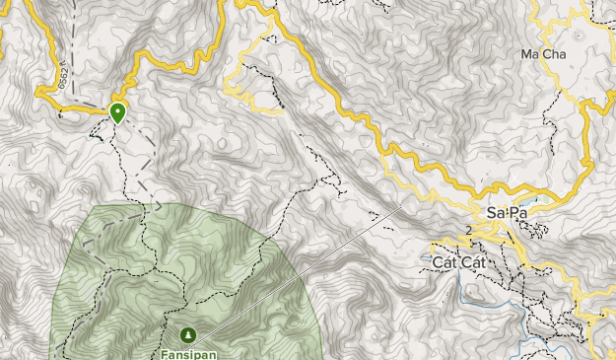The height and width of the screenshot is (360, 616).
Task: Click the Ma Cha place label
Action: pyautogui.click(x=543, y=54)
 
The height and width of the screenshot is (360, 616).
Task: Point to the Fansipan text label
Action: pyautogui.click(x=187, y=351)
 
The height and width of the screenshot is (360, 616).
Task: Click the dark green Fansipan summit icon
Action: pyautogui.click(x=187, y=335)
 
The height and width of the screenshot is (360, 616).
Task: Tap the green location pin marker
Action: pyautogui.click(x=118, y=112)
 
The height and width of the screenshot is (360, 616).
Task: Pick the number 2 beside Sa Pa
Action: pyautogui.click(x=469, y=231)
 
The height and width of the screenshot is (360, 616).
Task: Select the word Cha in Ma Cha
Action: pyautogui.click(x=553, y=54)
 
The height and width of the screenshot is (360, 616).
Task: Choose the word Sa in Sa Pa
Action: pyautogui.click(x=496, y=214)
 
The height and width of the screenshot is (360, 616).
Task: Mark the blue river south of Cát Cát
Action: pyautogui.click(x=532, y=345)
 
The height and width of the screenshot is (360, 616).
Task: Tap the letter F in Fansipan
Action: pyautogui.click(x=165, y=351)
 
